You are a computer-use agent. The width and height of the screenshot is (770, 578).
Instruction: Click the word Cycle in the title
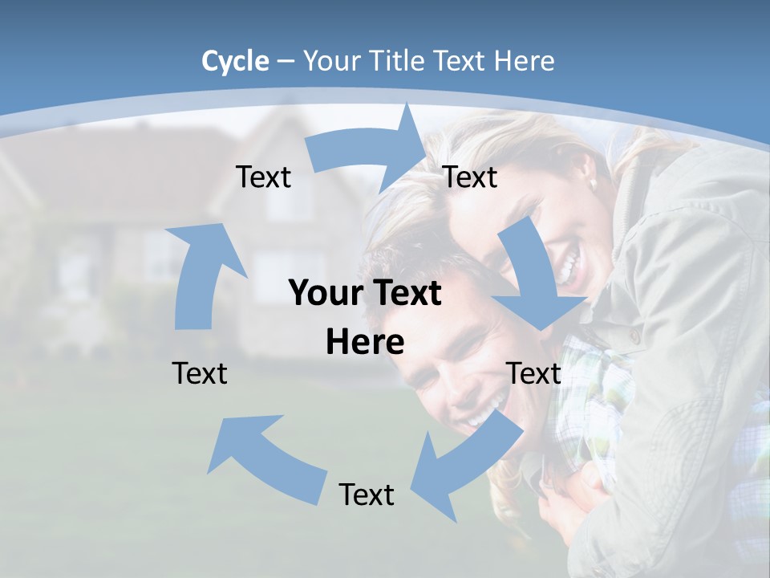pyautogui.click(x=235, y=61)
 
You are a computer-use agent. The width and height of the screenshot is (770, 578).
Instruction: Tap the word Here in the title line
pyautogui.click(x=525, y=61)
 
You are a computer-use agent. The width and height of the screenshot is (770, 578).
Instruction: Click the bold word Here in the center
pyautogui.click(x=365, y=342)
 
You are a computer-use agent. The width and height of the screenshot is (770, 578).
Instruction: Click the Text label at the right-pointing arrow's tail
pyautogui.click(x=263, y=177)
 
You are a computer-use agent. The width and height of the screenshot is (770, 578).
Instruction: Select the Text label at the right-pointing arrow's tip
pyautogui.click(x=470, y=177)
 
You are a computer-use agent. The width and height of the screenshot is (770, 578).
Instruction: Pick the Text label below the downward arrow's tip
pyautogui.click(x=533, y=373)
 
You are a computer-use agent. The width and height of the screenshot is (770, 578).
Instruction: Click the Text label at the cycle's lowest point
pyautogui.click(x=367, y=495)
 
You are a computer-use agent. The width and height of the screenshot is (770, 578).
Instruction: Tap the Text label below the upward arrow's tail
pyautogui.click(x=200, y=373)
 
